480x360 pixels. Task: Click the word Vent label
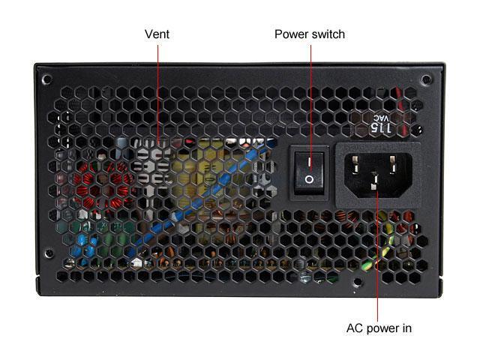click(x=157, y=34)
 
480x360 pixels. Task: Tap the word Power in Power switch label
click(x=291, y=34)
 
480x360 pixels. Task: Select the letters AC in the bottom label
click(x=354, y=328)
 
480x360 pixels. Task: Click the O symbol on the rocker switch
click(x=309, y=180)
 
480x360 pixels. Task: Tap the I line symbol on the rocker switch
click(x=309, y=159)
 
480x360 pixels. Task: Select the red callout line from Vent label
click(x=157, y=90)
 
